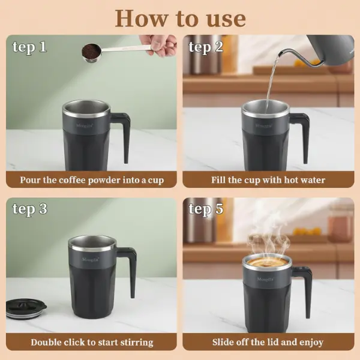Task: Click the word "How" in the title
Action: point(141,18)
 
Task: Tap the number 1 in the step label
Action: point(42,47)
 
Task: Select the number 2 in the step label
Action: point(219,47)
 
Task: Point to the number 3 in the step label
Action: point(43,209)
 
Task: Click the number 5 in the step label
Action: point(219,209)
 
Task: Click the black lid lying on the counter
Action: point(26,308)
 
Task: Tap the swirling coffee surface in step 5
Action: point(267,262)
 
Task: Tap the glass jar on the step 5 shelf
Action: point(340,223)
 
